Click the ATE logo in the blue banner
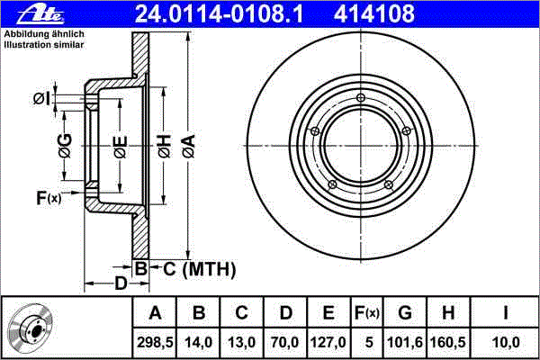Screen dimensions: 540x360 [40, 15]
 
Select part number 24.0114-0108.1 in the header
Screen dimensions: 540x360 [219, 14]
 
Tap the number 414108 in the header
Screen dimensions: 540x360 [374, 14]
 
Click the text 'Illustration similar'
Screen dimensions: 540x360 [44, 45]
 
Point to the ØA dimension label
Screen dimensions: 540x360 [189, 147]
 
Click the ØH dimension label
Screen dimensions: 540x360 [165, 147]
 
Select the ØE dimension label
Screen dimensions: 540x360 [121, 147]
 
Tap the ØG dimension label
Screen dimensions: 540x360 [65, 146]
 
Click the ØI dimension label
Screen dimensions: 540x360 [42, 99]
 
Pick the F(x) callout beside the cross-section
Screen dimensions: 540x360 [49, 198]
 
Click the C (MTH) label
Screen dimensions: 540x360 [200, 269]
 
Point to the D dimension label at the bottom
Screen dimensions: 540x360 [121, 283]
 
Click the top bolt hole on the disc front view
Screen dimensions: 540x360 [361, 98]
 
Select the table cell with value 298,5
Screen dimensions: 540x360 [155, 342]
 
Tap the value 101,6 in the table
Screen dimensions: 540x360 [405, 342]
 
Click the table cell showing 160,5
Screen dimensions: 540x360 [448, 342]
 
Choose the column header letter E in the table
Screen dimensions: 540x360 [328, 313]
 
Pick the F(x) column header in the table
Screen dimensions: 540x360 [367, 313]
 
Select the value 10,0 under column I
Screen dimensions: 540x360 [506, 342]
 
